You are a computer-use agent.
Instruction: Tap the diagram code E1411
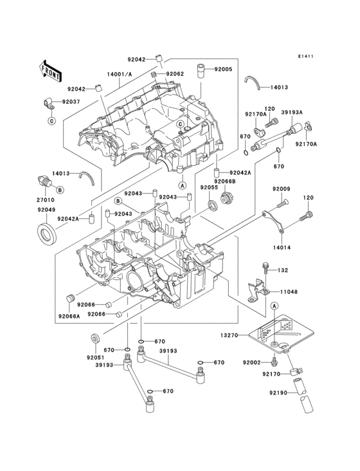pyautogui.click(x=305, y=57)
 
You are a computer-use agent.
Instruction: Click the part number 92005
pyautogui.click(x=223, y=69)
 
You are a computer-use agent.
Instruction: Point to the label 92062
pyautogui.click(x=175, y=74)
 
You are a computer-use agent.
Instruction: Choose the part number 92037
pyautogui.click(x=71, y=102)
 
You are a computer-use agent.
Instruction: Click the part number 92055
pyautogui.click(x=209, y=187)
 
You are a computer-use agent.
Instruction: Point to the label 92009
pyautogui.click(x=282, y=189)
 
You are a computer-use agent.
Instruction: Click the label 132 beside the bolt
pyautogui.click(x=283, y=270)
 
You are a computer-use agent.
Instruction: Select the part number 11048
pyautogui.click(x=289, y=291)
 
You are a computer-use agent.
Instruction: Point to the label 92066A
pyautogui.click(x=68, y=317)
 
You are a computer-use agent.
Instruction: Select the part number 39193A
pyautogui.click(x=294, y=111)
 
